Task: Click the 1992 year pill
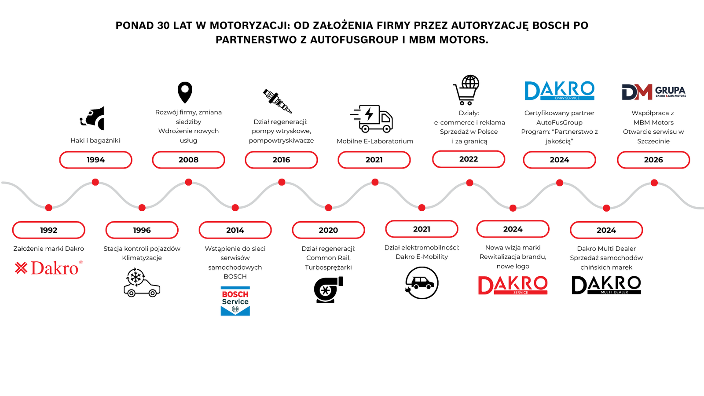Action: click(48, 230)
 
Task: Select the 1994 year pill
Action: click(95, 160)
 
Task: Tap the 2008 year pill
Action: click(188, 160)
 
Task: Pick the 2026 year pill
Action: click(653, 160)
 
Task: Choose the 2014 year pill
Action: click(235, 230)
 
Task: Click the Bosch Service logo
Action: click(235, 301)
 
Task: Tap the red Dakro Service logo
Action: click(513, 285)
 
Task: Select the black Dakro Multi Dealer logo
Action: click(606, 285)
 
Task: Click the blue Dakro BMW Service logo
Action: click(559, 91)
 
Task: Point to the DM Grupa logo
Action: click(653, 92)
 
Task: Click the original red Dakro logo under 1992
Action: click(48, 268)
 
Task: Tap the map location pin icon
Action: click(185, 92)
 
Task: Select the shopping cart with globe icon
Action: click(466, 90)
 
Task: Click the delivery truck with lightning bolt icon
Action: click(372, 118)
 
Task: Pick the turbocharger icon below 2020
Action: click(328, 290)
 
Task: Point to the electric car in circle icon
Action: click(422, 283)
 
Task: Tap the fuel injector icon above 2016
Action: click(277, 101)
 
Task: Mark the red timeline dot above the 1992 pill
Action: click(49, 208)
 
